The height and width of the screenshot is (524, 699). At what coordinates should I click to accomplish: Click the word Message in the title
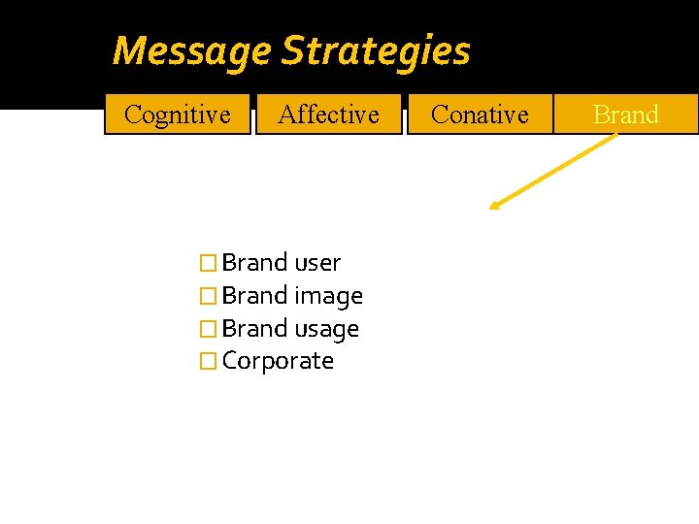tap(191, 50)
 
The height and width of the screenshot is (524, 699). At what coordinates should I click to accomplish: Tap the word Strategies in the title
tap(376, 51)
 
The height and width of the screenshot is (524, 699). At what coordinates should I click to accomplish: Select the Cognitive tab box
tap(178, 115)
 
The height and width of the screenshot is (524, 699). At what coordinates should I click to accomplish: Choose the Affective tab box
tap(328, 115)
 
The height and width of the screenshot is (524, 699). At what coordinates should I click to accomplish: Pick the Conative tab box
tap(480, 115)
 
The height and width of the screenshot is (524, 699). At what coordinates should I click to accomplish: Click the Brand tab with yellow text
tap(626, 115)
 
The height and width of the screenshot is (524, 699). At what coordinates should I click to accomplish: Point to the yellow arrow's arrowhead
tap(495, 205)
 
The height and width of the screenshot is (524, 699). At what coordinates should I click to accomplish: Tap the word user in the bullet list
tap(317, 263)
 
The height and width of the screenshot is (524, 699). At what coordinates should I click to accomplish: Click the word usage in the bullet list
tap(326, 329)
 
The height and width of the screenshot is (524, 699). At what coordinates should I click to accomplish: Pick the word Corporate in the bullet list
tap(278, 361)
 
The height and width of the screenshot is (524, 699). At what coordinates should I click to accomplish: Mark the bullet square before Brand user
tap(205, 264)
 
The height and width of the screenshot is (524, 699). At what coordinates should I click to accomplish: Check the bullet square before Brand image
tap(205, 296)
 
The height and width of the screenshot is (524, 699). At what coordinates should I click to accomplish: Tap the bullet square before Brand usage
tap(205, 329)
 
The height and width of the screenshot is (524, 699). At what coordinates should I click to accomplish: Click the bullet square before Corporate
tap(205, 362)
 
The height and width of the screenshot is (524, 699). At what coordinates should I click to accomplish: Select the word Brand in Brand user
tap(254, 263)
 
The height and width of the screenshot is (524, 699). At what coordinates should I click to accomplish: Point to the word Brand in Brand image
tap(254, 296)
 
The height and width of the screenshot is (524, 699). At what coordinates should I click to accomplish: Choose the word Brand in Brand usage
tap(254, 329)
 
